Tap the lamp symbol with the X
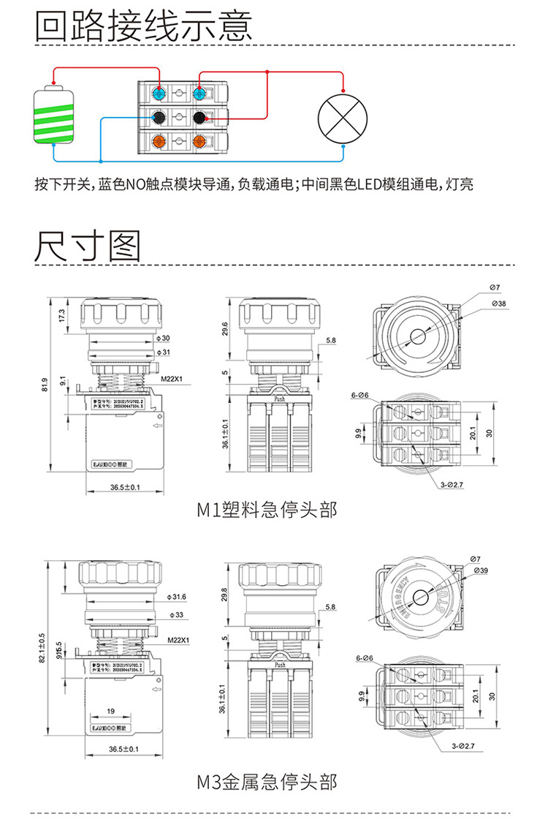(x=343, y=117)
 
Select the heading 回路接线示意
(x=144, y=26)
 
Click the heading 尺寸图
(x=88, y=246)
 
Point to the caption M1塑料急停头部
(x=267, y=509)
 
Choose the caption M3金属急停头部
(x=267, y=781)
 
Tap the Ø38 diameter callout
(x=499, y=303)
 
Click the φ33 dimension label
(x=175, y=615)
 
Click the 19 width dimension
(x=111, y=710)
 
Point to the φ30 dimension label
(x=164, y=338)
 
